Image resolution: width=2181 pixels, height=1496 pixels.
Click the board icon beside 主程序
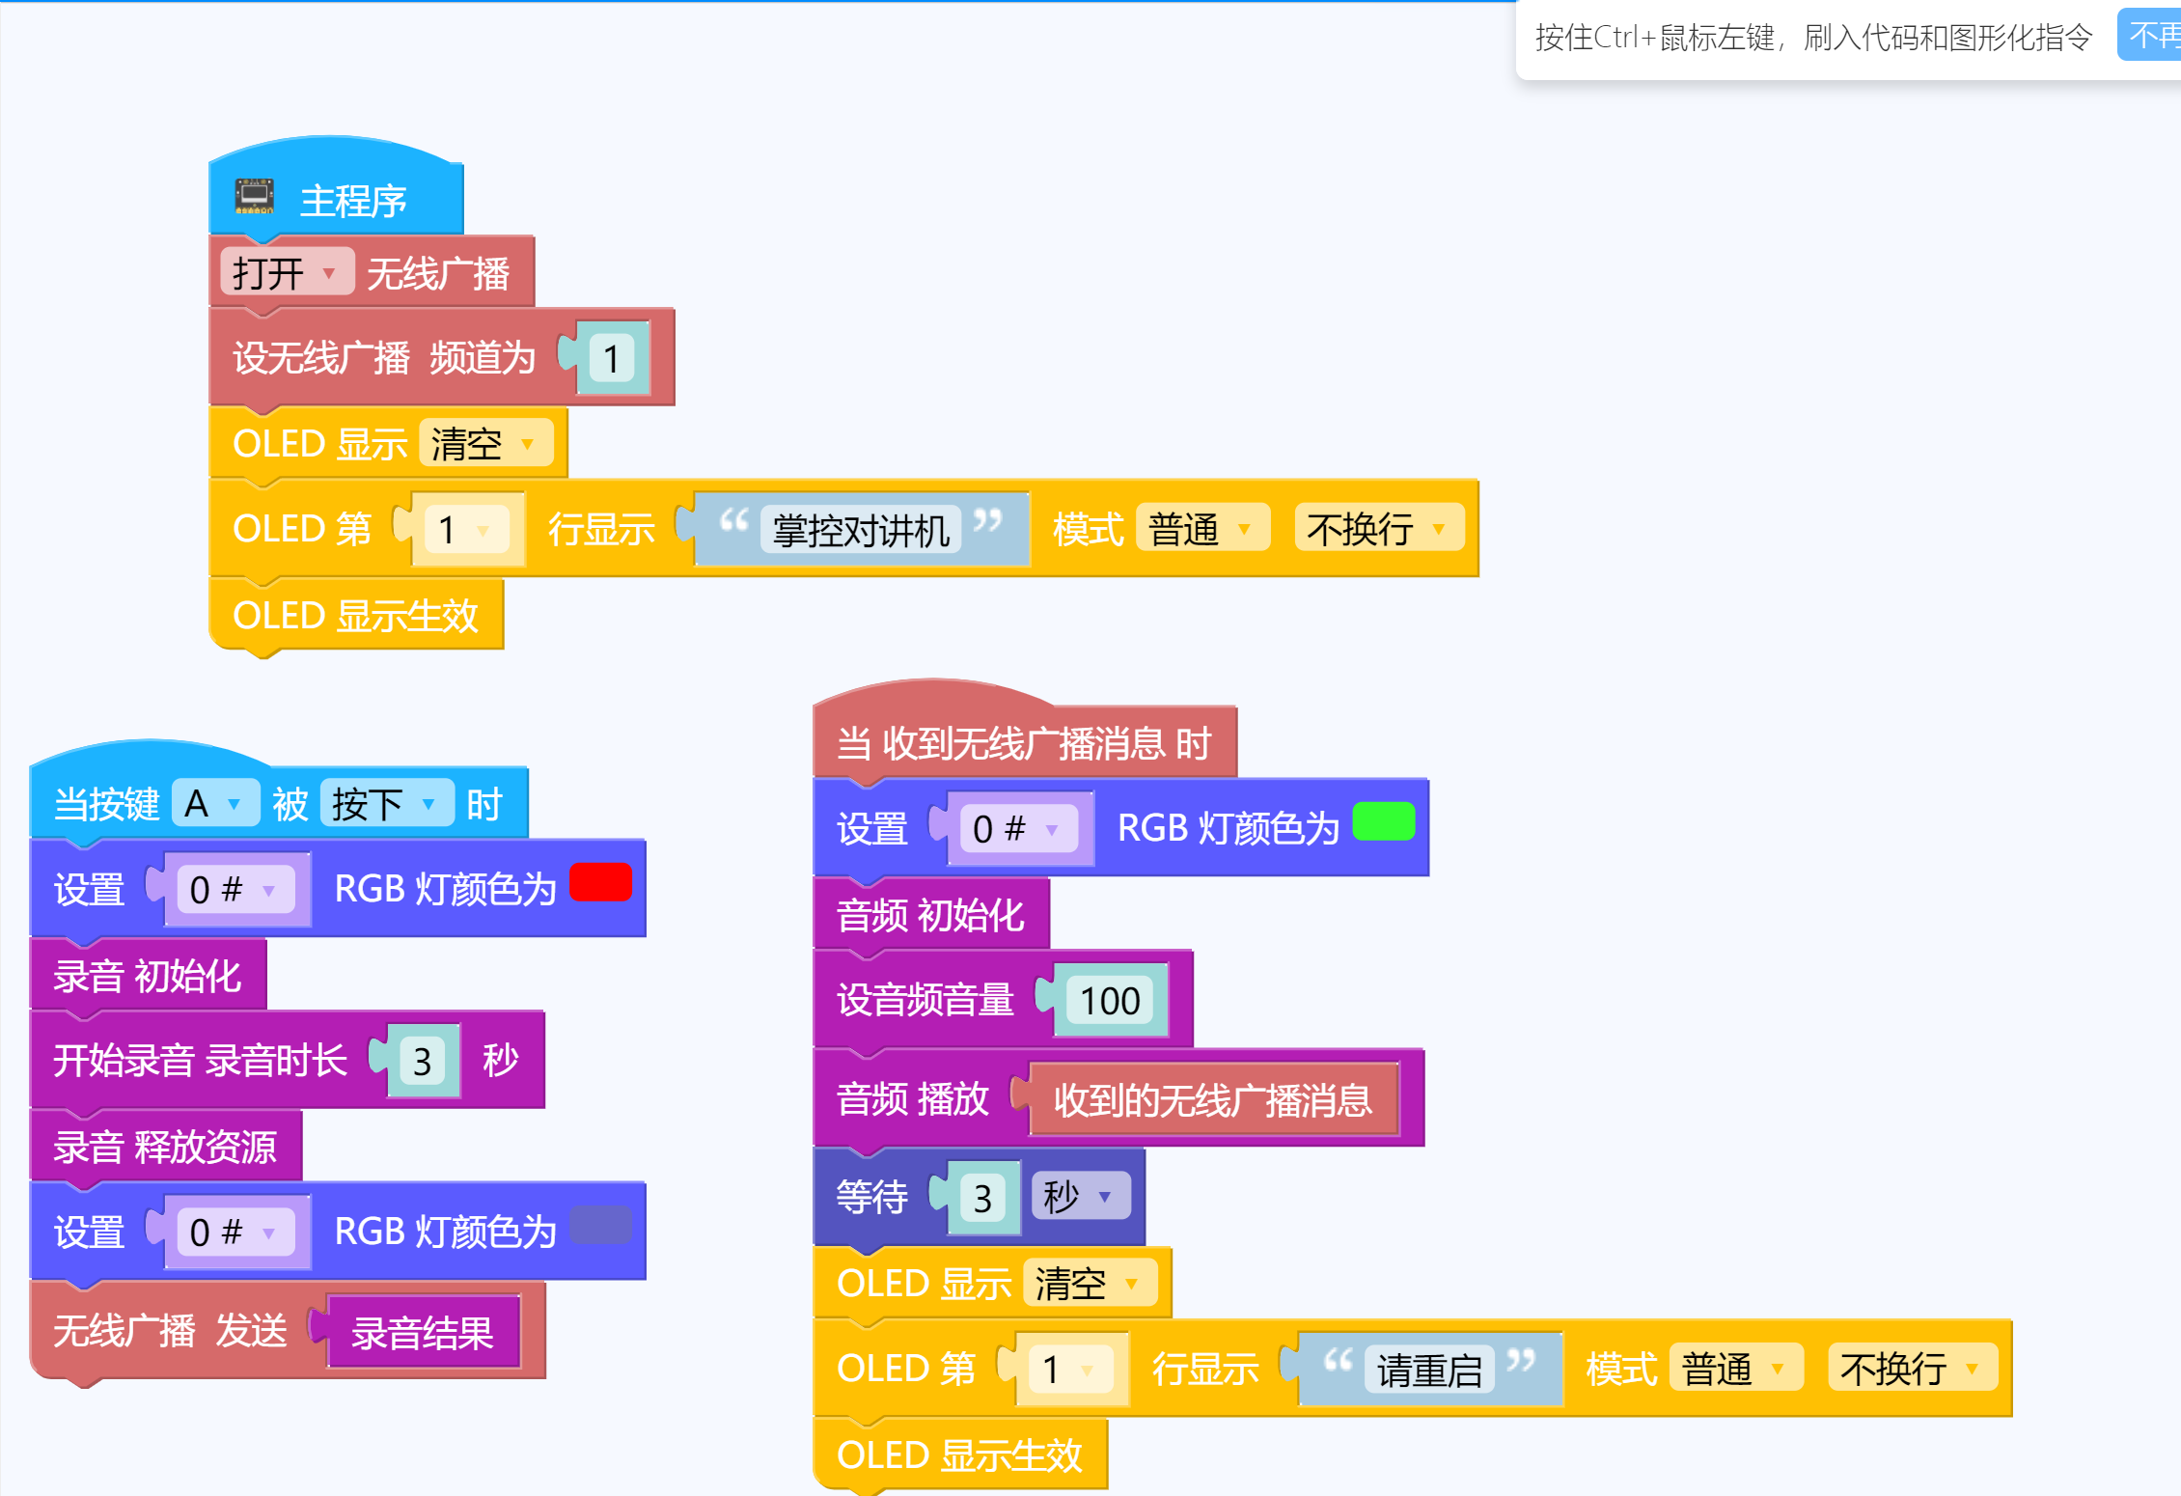tap(255, 197)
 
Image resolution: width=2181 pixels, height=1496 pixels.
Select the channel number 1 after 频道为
tap(612, 359)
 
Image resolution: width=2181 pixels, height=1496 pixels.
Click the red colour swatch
tap(600, 882)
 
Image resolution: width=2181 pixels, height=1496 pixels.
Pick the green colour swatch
tap(1383, 822)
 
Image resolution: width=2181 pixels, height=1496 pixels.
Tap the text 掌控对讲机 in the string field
tap(861, 530)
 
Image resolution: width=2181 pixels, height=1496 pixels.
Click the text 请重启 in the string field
tap(1428, 1370)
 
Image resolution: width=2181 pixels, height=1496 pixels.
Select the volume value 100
tap(1110, 1001)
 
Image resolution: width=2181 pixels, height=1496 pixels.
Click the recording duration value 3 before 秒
tap(423, 1062)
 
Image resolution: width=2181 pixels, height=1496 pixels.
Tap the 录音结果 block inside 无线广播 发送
tap(423, 1333)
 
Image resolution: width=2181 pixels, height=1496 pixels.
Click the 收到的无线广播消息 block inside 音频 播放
tap(1212, 1100)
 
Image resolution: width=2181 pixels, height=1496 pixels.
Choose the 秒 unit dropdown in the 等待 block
tap(1079, 1197)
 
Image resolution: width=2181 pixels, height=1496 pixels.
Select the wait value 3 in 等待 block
tap(982, 1199)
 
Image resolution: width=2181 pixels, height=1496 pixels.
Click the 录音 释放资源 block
tap(165, 1147)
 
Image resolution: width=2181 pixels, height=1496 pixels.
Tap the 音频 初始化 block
tap(930, 915)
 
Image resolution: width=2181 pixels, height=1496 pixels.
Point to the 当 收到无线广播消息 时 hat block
tap(1023, 743)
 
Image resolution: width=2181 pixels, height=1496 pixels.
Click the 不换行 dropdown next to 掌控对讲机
tap(1377, 529)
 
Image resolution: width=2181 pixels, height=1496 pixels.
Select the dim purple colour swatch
tap(600, 1226)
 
